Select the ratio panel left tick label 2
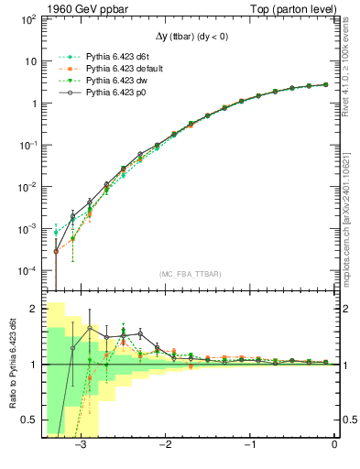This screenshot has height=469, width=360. (33, 310)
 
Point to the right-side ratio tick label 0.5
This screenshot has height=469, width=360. (348, 420)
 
